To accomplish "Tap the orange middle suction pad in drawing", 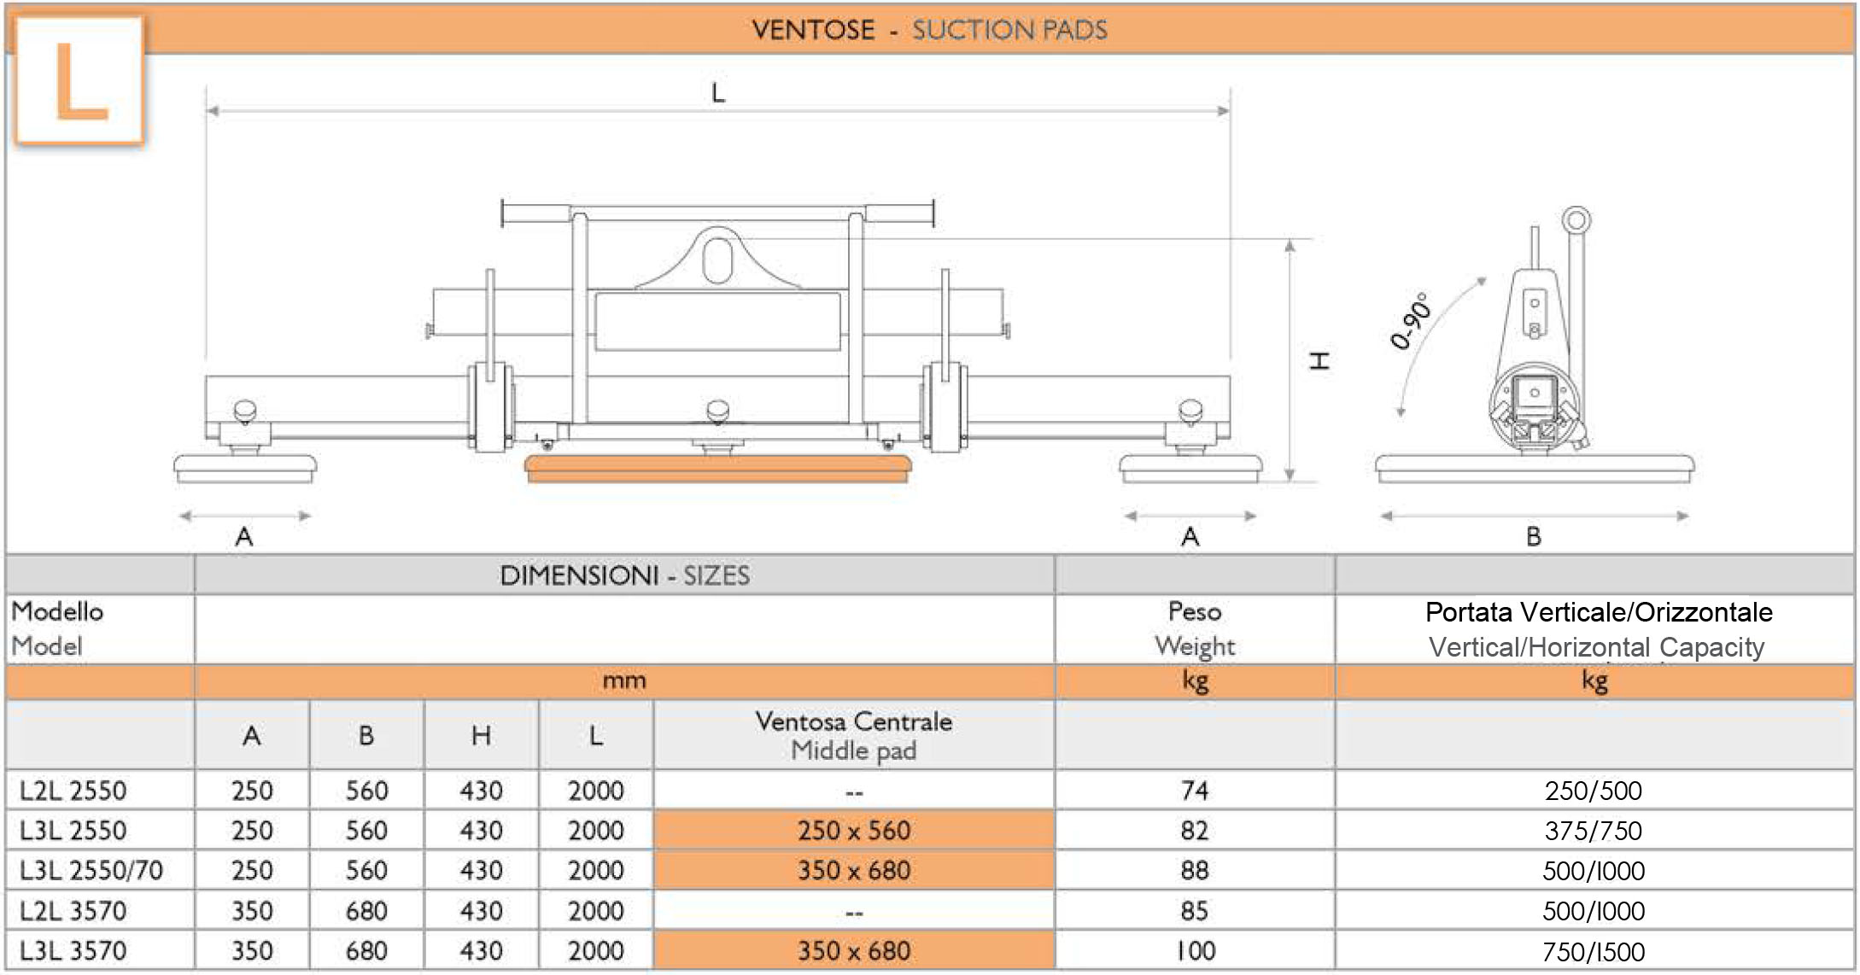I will (717, 469).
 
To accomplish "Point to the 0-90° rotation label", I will (1410, 320).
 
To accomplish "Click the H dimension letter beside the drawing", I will (1320, 360).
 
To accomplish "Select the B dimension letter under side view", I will (1534, 537).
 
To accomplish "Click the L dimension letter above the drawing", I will (718, 92).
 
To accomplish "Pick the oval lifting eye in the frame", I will (718, 260).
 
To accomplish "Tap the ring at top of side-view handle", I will (1576, 220).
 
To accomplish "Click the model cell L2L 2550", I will (73, 791).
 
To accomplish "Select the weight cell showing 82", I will (1194, 831).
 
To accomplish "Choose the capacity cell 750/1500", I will (1594, 951).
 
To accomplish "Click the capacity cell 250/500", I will (1594, 791).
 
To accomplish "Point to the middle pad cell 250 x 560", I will (854, 831).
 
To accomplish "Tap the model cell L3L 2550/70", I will (91, 871).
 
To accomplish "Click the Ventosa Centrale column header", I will (854, 735).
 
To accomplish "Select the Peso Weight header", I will (1195, 628).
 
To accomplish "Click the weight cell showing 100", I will (1194, 951).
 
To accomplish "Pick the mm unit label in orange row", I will (624, 681).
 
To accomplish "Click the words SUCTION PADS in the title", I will (1009, 30).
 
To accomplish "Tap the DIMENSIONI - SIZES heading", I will (624, 575).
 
